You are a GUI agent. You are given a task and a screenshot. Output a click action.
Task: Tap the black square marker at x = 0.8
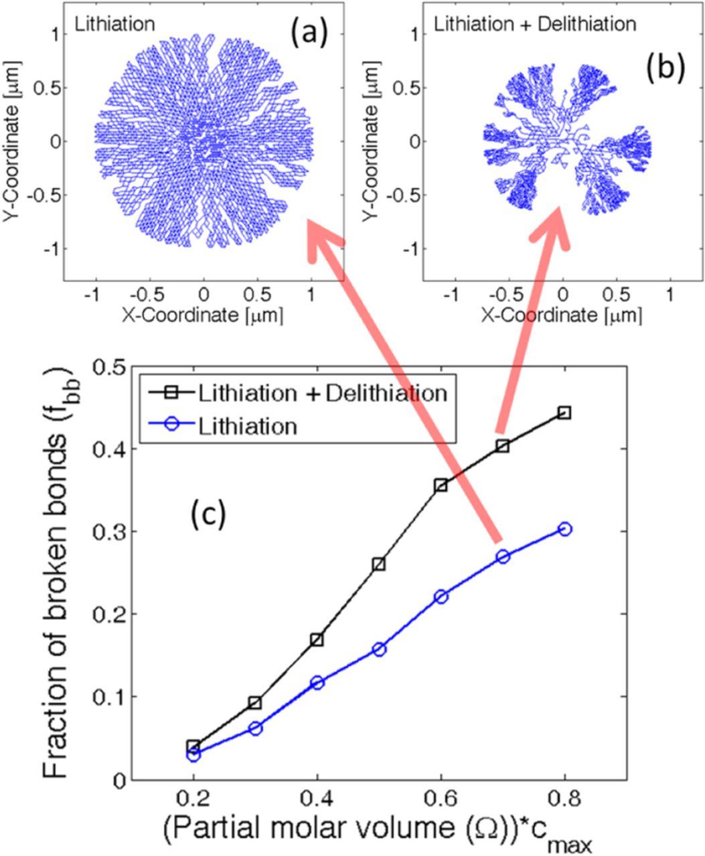(564, 413)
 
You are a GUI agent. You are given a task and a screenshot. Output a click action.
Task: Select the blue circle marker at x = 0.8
(564, 529)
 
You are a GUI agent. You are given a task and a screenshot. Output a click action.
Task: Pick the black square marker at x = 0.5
(379, 564)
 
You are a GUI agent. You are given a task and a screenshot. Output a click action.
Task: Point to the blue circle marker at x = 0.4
(317, 682)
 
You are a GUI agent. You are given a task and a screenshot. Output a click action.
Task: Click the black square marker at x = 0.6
(441, 485)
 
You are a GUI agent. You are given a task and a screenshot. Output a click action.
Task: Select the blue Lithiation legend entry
(248, 426)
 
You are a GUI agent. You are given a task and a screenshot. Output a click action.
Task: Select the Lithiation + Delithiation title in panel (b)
(535, 25)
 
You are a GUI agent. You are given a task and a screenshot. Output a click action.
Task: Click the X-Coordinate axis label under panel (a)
(203, 314)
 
